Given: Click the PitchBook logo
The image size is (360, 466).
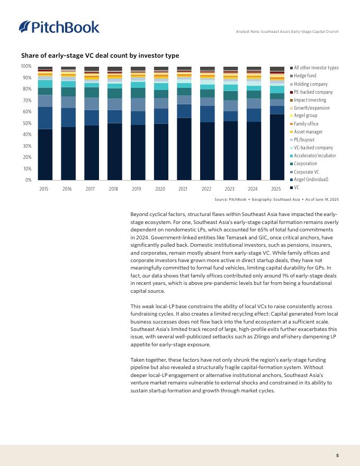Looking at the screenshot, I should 59,27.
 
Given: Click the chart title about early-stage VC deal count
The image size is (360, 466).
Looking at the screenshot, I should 100,56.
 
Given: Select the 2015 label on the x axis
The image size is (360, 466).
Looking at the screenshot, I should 45,189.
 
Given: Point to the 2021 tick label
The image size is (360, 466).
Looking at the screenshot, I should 184,189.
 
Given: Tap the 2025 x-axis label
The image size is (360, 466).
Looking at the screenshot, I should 276,189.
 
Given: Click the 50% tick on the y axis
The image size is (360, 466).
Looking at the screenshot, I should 26,123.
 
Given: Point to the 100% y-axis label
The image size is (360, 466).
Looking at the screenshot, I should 26,66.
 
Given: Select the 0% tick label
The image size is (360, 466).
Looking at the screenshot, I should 28,180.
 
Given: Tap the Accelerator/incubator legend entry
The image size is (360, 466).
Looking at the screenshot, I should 315,156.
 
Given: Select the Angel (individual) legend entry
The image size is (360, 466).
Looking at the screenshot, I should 311,180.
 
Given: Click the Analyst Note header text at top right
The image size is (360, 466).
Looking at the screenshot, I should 287,32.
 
